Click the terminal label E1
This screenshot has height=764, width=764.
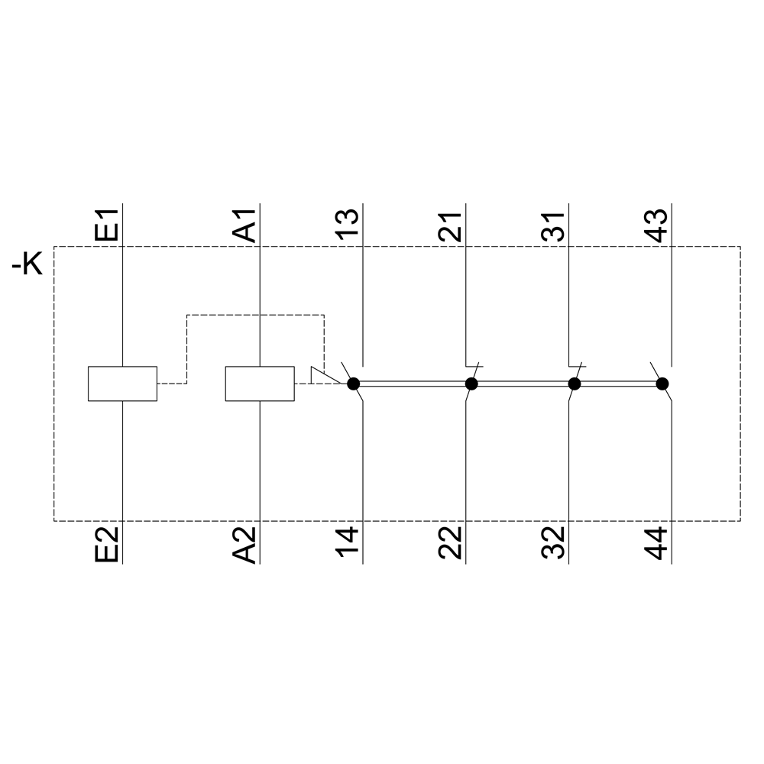106,225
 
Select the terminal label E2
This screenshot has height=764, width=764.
106,544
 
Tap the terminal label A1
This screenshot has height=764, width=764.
244,225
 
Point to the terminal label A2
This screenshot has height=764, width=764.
244,544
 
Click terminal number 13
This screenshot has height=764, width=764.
347,224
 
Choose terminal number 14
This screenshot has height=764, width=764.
347,542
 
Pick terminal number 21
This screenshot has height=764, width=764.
450,227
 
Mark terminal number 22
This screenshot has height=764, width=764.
450,542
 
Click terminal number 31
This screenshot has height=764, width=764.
552,227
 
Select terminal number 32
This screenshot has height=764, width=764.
552,542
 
